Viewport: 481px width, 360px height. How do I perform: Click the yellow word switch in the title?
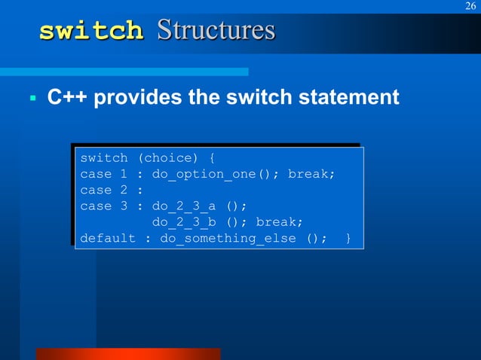coord(91,32)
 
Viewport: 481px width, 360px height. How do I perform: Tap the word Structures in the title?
coord(216,31)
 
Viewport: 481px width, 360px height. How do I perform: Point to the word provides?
coord(140,98)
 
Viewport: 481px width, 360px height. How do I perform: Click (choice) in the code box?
coord(169,158)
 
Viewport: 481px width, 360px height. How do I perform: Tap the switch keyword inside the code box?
coord(104,158)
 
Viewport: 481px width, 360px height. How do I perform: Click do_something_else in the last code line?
coord(228,238)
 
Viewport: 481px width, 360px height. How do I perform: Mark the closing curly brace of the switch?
coord(348,238)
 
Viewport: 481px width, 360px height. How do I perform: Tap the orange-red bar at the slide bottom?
coord(128,354)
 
